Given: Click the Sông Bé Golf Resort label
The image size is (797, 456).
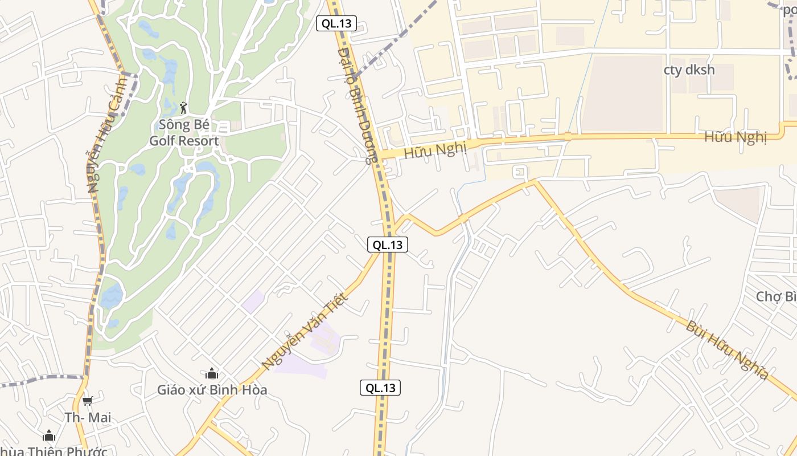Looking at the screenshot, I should (x=184, y=132).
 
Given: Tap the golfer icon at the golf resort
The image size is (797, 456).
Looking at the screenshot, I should (x=183, y=108).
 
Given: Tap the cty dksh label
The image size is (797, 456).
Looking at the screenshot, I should (x=689, y=70).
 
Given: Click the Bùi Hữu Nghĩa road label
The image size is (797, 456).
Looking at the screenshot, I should (x=727, y=350).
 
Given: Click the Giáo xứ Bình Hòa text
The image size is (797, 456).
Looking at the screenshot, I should (x=212, y=390).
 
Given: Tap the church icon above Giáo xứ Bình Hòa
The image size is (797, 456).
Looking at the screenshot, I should (x=212, y=374).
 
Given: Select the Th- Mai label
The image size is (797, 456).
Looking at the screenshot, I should (x=88, y=418).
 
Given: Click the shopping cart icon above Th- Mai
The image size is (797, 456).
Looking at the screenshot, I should (x=87, y=401).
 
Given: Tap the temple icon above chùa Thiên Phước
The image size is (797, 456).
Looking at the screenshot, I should (x=50, y=436).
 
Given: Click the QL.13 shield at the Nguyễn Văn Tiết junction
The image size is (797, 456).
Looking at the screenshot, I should (x=387, y=245).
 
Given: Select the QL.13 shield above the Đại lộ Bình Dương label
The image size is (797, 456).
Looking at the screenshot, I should (x=336, y=24).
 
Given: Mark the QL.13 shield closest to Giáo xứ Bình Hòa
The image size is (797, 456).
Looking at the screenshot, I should (x=380, y=388).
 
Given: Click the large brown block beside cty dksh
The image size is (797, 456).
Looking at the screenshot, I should (x=623, y=93).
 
